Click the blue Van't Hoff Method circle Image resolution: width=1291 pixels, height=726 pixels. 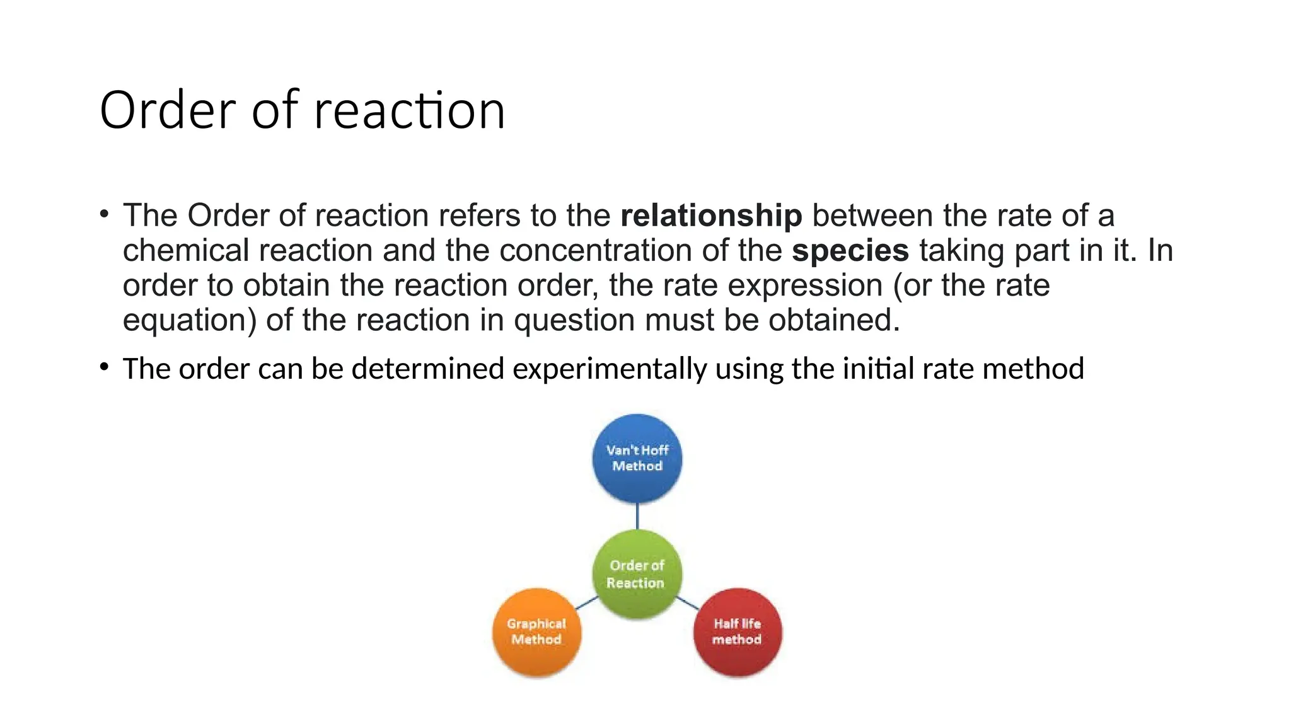pos(637,458)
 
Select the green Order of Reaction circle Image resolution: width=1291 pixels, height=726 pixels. pos(637,573)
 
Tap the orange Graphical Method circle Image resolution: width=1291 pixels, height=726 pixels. pos(536,631)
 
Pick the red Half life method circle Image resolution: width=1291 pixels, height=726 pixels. pos(737,631)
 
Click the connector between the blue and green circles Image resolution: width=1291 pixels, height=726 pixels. pos(637,516)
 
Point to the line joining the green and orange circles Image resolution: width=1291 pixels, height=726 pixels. pos(586,603)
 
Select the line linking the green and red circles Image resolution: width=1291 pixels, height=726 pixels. pos(688,603)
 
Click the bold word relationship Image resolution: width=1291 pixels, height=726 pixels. pos(710,216)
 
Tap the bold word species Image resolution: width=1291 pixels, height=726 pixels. pos(850,250)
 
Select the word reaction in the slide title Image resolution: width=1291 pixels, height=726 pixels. pos(409,110)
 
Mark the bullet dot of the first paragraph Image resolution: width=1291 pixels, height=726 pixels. pos(105,214)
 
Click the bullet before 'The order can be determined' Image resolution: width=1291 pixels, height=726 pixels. pos(105,367)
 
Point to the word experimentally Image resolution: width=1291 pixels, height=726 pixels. pos(610,369)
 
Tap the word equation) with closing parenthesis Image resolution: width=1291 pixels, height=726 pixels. pos(189,320)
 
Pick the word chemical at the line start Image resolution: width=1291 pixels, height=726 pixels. pos(186,250)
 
